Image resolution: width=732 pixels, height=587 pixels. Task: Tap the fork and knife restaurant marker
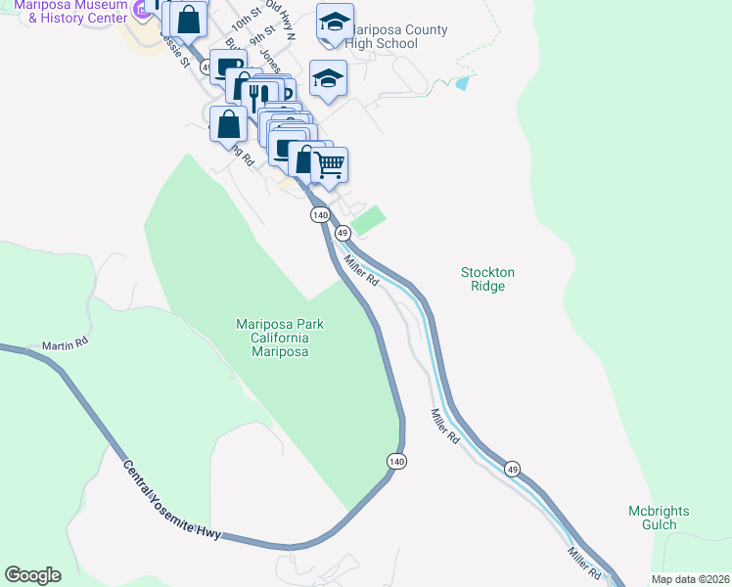pos(257,96)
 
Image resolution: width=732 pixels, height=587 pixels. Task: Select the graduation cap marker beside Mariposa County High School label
pos(335,23)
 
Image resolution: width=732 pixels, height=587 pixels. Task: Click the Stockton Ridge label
pos(487,279)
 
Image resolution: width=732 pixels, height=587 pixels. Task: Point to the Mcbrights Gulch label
pos(659,518)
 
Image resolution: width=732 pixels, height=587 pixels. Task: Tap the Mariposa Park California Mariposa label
pos(280,338)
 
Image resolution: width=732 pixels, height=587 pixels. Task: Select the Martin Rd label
pos(66,344)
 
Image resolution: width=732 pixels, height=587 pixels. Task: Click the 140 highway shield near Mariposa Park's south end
pos(395,461)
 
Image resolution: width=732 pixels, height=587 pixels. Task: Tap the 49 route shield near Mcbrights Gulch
pos(513,470)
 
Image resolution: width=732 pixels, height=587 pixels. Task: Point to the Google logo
pos(32,575)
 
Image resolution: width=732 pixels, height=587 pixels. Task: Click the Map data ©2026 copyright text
pos(691,579)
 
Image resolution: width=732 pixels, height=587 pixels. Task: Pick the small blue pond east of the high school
pos(462,83)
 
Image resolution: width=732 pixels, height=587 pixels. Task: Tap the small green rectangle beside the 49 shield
pos(368,220)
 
